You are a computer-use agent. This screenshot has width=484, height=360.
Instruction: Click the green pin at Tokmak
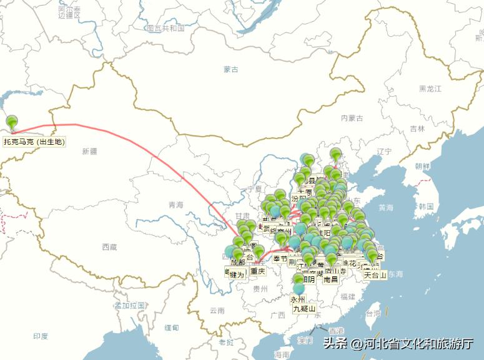tap(11, 122)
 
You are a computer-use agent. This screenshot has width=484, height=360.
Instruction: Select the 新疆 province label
tap(89, 150)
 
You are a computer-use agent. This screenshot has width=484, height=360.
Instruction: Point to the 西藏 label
tap(109, 247)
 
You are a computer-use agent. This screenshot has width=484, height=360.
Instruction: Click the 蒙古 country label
tap(230, 69)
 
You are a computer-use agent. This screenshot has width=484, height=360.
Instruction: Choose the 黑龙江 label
tap(430, 89)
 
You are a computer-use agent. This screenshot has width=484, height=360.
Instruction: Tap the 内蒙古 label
tap(352, 117)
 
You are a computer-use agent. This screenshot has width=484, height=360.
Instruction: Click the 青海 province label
tap(176, 205)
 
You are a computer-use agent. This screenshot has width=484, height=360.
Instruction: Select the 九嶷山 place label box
tap(304, 308)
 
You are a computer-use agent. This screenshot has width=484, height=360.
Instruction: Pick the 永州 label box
tap(299, 299)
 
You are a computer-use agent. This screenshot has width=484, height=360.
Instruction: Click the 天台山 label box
tap(375, 274)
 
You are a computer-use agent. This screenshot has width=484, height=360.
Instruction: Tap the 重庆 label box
tap(257, 271)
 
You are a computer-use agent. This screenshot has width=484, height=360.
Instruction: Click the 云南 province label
tap(217, 310)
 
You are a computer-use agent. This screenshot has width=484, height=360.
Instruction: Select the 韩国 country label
tap(427, 206)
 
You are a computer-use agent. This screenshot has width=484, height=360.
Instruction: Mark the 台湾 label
tap(372, 313)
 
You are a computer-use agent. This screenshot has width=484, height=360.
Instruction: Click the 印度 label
tap(41, 336)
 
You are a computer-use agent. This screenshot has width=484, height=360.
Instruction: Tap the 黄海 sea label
tap(386, 208)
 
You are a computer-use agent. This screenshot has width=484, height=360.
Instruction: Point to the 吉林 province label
tap(417, 128)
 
